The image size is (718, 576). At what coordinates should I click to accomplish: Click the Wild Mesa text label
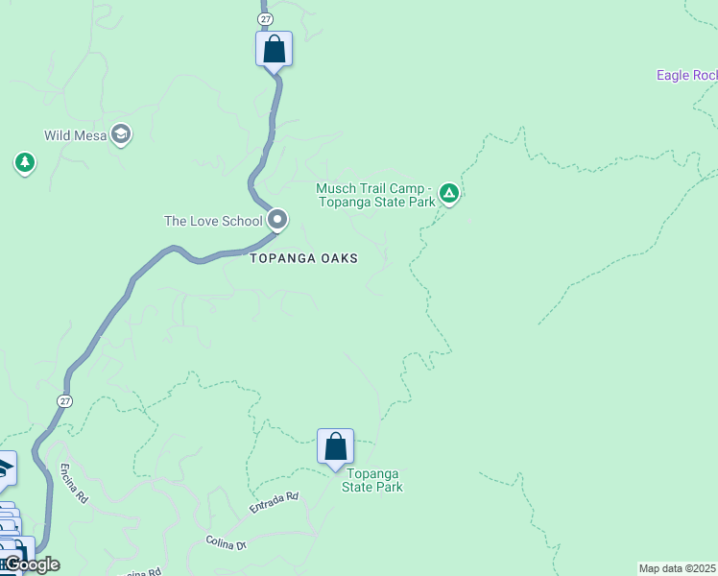click(x=75, y=135)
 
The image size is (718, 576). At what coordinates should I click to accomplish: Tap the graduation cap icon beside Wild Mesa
click(x=121, y=134)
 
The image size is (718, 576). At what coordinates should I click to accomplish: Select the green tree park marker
click(x=25, y=163)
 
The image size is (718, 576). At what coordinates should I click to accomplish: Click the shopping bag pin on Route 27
click(x=274, y=48)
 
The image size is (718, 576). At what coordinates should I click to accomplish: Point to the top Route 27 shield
click(x=265, y=18)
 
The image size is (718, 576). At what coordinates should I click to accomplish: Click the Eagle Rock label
click(x=686, y=75)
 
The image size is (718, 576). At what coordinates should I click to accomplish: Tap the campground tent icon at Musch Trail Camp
click(x=448, y=195)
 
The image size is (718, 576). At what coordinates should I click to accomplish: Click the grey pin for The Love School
click(x=277, y=220)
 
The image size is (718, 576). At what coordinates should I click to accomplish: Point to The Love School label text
click(x=213, y=221)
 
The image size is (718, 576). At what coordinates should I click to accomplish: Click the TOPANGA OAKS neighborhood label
click(x=303, y=258)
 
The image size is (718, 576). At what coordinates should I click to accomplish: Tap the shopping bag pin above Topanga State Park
click(x=335, y=446)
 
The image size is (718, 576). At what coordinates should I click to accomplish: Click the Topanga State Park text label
click(x=373, y=480)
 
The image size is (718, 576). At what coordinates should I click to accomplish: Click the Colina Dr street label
click(x=227, y=543)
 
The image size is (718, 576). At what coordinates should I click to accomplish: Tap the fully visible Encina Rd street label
click(x=75, y=485)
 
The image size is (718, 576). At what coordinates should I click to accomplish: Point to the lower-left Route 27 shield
click(x=65, y=400)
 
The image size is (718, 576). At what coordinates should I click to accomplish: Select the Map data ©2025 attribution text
click(x=677, y=568)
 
